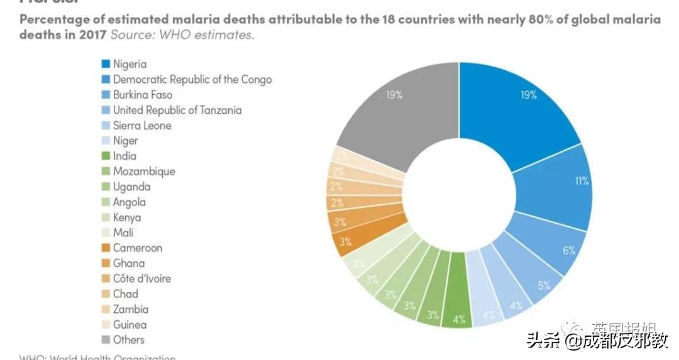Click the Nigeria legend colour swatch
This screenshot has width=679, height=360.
pos(106,64)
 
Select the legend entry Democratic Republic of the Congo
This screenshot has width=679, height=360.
pos(192,79)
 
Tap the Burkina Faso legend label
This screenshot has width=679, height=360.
pos(143,95)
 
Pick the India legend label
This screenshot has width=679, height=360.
pos(124,156)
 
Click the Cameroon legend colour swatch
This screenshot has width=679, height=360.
pos(106,248)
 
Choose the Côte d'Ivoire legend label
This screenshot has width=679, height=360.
pos(142,278)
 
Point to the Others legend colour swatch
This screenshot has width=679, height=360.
pos(106,340)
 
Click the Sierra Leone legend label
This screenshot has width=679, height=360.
pos(142,126)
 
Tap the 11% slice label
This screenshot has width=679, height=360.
pos(581,181)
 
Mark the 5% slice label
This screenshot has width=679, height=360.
pos(544,285)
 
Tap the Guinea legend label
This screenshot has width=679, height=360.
pos(130,325)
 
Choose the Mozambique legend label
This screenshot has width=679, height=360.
pos(144,172)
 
